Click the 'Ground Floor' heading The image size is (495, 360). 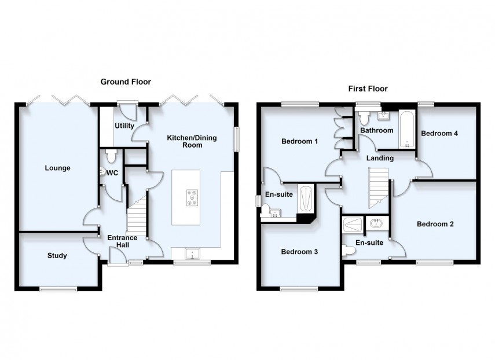[x=126, y=82]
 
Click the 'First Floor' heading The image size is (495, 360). [x=368, y=89]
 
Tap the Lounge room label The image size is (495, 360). [x=57, y=168]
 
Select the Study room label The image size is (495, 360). [x=57, y=255]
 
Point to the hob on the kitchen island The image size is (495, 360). [x=191, y=198]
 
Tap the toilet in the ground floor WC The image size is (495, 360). [x=112, y=155]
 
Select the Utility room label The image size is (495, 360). [x=124, y=126]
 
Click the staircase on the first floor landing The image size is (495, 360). [x=379, y=187]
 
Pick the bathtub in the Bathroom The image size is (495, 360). [x=408, y=129]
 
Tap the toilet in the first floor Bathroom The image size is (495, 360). [x=364, y=118]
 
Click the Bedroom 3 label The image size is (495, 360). [x=299, y=252]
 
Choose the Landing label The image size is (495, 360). [x=380, y=158]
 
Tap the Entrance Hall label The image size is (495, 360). [x=122, y=241]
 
